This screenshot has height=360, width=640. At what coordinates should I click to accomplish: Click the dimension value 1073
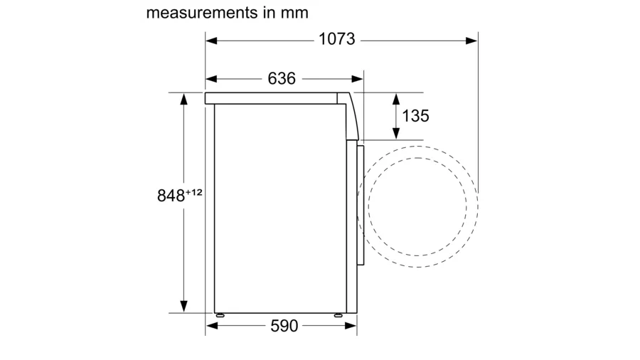[x=337, y=39]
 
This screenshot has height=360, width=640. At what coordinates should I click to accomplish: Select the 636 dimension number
[x=282, y=78]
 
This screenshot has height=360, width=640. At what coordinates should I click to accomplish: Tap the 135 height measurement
[x=415, y=116]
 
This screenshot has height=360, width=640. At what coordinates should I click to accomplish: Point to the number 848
[x=171, y=196]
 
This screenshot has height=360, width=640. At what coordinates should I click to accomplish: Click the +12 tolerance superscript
[x=194, y=192]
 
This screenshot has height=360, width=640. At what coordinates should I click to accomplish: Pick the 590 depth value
[x=284, y=326]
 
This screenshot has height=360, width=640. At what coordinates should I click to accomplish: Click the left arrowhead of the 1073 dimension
[x=211, y=41]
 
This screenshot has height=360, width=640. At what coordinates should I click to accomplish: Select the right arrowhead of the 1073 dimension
[x=471, y=41]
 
